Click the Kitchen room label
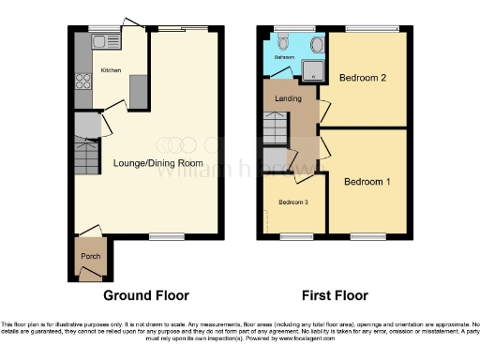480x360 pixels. tap(111, 70)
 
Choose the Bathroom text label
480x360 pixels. tap(283, 57)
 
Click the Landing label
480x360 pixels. tap(287, 97)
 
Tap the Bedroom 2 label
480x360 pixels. tap(363, 78)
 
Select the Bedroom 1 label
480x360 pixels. tap(367, 180)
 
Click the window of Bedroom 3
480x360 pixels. tap(295, 235)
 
